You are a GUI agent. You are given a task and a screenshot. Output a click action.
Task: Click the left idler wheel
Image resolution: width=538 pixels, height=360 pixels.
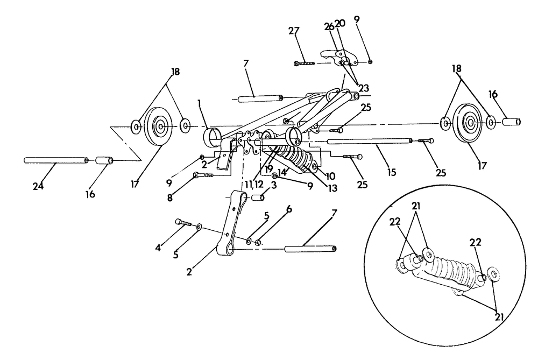pyautogui.click(x=160, y=128)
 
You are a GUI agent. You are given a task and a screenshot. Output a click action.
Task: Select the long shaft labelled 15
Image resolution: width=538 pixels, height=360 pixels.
pyautogui.click(x=369, y=142)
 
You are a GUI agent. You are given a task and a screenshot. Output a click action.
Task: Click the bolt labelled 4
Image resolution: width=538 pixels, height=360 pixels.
pyautogui.click(x=183, y=223)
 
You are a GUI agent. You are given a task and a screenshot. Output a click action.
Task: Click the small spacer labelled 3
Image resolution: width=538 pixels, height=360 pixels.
pyautogui.click(x=257, y=198)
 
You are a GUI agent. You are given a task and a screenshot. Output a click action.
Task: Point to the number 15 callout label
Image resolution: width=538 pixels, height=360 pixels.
pyautogui.click(x=391, y=172)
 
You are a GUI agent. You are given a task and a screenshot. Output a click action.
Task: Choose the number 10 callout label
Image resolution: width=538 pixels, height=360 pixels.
pyautogui.click(x=330, y=177)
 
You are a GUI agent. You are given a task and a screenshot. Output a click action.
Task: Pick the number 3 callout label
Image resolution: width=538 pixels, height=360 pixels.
pyautogui.click(x=273, y=185)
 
